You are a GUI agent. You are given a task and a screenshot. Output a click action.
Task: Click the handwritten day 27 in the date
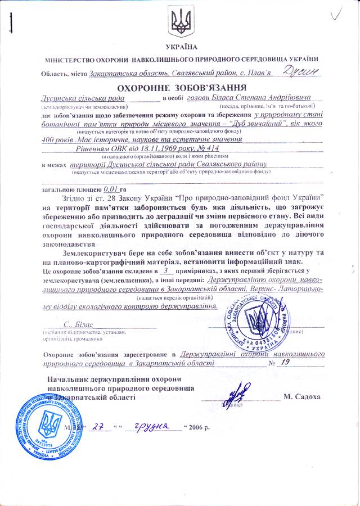(x=100, y=426)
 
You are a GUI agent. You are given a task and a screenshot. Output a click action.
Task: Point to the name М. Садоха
(x=302, y=397)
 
